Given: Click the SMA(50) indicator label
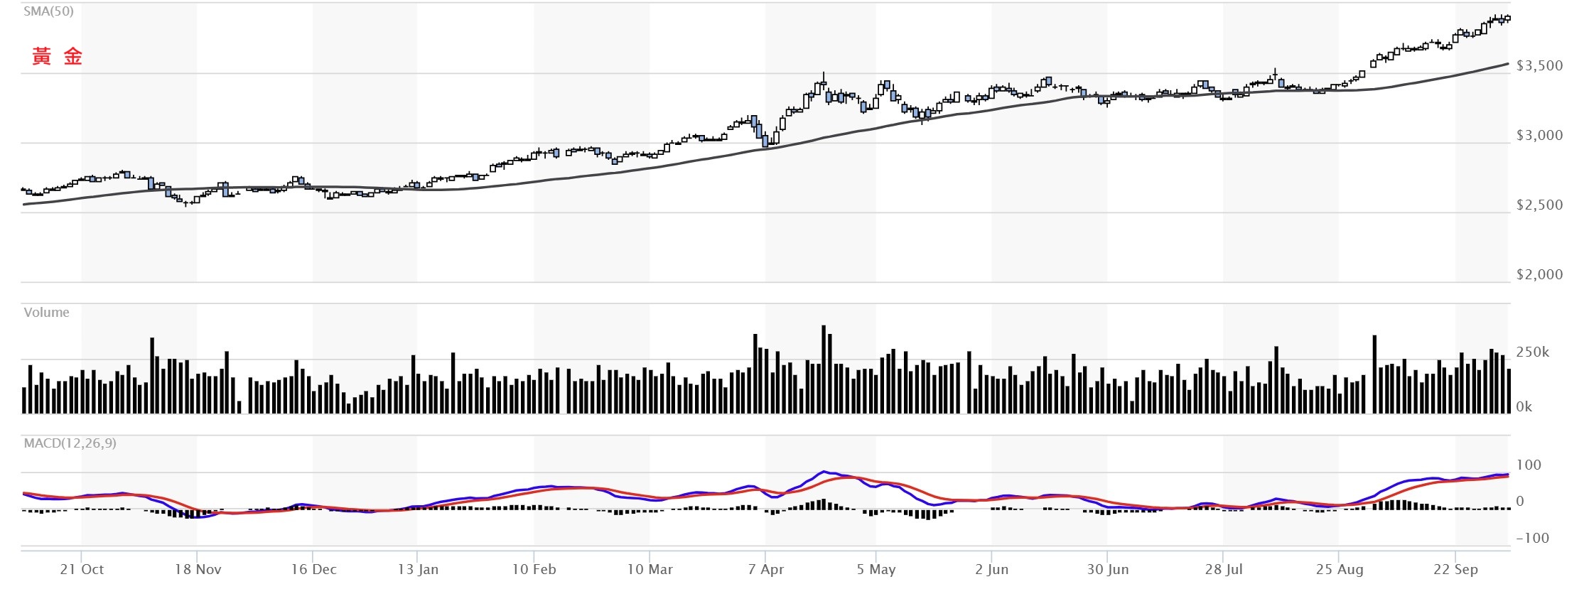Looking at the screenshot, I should point(48,11).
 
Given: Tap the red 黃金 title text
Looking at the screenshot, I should point(57,57).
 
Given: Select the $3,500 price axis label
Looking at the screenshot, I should point(1539,66).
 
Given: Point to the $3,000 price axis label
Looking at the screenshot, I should point(1539,136).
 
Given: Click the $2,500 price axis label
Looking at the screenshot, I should point(1539,205).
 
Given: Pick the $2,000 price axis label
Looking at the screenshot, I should point(1539,275).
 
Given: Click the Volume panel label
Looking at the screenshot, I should point(46,313).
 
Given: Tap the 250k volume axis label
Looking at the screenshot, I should point(1532,352).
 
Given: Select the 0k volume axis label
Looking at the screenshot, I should point(1524,407).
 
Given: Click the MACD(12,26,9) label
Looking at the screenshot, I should point(70,443).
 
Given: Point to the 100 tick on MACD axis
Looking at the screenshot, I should point(1529,465).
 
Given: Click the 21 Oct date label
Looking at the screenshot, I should point(82,570).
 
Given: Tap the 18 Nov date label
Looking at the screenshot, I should point(198,570).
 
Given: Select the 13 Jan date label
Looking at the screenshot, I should point(418,570).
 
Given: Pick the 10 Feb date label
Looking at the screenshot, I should point(534,570).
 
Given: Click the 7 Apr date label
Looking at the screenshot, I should point(765,570).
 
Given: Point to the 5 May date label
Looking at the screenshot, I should point(875,570).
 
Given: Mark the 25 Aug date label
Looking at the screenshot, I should point(1339,570).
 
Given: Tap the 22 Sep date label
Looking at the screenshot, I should point(1455,570).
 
